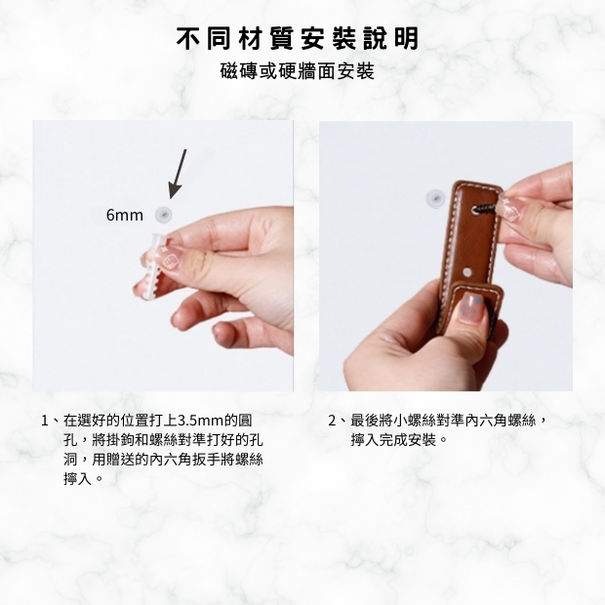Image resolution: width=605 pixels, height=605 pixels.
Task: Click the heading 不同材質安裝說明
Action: click(297, 39)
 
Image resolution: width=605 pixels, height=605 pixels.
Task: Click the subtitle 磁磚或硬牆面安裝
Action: click(297, 71)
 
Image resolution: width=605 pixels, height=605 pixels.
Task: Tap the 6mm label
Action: click(124, 215)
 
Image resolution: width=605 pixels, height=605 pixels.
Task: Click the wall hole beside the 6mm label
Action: click(163, 215)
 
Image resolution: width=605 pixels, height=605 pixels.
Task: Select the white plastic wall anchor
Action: click(156, 266)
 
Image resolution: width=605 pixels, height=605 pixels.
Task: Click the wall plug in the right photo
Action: click(435, 198)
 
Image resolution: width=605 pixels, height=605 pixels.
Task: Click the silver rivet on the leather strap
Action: click(467, 272)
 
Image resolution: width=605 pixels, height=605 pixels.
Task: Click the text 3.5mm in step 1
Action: click(197, 421)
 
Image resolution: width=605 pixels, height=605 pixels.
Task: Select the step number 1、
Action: click(50, 421)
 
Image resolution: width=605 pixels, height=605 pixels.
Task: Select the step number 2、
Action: click(337, 421)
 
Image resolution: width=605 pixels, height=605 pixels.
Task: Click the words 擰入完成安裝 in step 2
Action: click(393, 440)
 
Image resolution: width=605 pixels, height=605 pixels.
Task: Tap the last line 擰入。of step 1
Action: click(83, 479)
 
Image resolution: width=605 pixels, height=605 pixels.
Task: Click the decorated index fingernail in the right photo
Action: click(510, 209)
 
